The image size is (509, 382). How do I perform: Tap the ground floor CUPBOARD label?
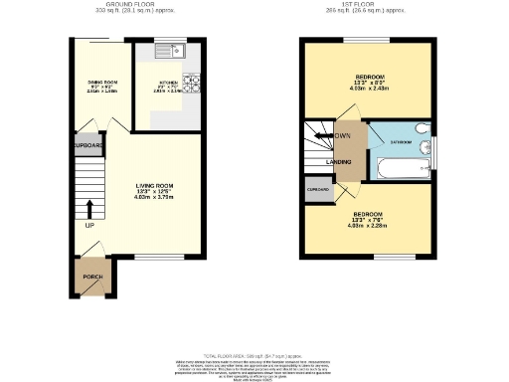87,145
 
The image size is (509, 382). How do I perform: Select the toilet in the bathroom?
422,130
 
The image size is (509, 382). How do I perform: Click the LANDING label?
340,162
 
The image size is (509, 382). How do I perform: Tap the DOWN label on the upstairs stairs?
342,136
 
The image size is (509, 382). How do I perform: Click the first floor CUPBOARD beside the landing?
318,189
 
